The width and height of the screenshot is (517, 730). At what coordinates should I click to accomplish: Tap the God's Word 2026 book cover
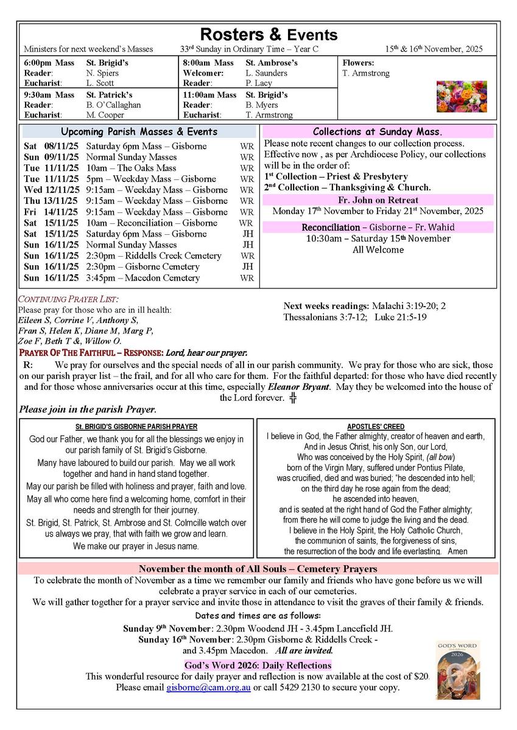(x=457, y=669)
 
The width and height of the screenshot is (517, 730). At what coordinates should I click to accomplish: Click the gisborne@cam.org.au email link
(x=208, y=687)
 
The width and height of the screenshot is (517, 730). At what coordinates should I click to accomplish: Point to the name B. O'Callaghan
(x=113, y=105)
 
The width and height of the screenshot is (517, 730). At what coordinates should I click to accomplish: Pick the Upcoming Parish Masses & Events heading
(x=139, y=132)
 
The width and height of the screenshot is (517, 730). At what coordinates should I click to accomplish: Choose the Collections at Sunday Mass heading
(x=378, y=132)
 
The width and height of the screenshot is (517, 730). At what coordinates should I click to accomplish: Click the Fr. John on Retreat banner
(x=378, y=200)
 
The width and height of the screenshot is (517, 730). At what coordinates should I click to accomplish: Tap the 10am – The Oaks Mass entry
(x=131, y=168)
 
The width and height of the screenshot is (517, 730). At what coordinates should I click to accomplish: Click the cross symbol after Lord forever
(x=293, y=398)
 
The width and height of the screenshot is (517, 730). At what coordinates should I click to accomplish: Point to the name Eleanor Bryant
(x=299, y=387)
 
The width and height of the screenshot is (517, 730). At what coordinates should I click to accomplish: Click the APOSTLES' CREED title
(x=376, y=427)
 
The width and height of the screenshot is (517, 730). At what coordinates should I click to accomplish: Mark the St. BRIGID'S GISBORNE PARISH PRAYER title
(x=136, y=427)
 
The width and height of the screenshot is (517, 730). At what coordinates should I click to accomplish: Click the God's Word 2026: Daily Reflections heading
(x=258, y=666)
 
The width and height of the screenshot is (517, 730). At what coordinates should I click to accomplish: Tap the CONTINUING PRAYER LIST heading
(x=68, y=299)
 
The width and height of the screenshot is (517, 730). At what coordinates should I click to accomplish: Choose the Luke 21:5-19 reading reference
(x=401, y=317)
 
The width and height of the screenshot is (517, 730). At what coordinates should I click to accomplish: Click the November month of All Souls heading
(x=258, y=569)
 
